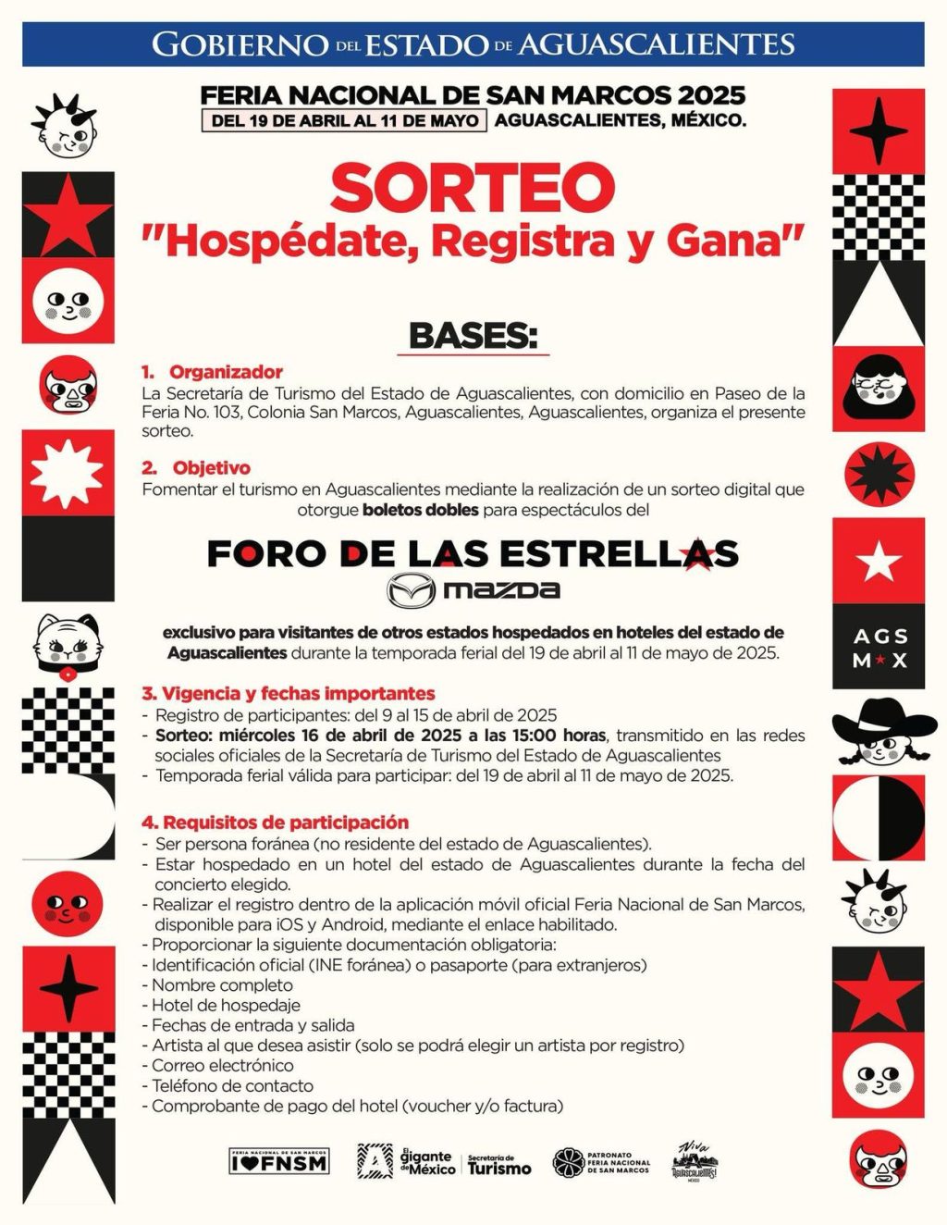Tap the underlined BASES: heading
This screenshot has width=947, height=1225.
pos(473,336)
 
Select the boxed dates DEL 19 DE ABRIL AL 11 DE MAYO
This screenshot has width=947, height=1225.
pos(344,120)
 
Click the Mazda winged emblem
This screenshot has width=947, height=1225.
pos(410,590)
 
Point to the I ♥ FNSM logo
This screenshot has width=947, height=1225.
pos(278,1161)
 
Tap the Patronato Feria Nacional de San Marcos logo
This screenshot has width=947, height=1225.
pos(602,1162)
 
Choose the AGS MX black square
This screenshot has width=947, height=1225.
pos(879,647)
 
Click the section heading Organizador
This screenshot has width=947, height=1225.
pos(225,372)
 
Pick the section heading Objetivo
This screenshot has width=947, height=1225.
pos(211,468)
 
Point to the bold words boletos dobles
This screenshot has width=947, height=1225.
pos(421,510)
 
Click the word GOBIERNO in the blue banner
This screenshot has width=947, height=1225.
pos(240,44)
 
